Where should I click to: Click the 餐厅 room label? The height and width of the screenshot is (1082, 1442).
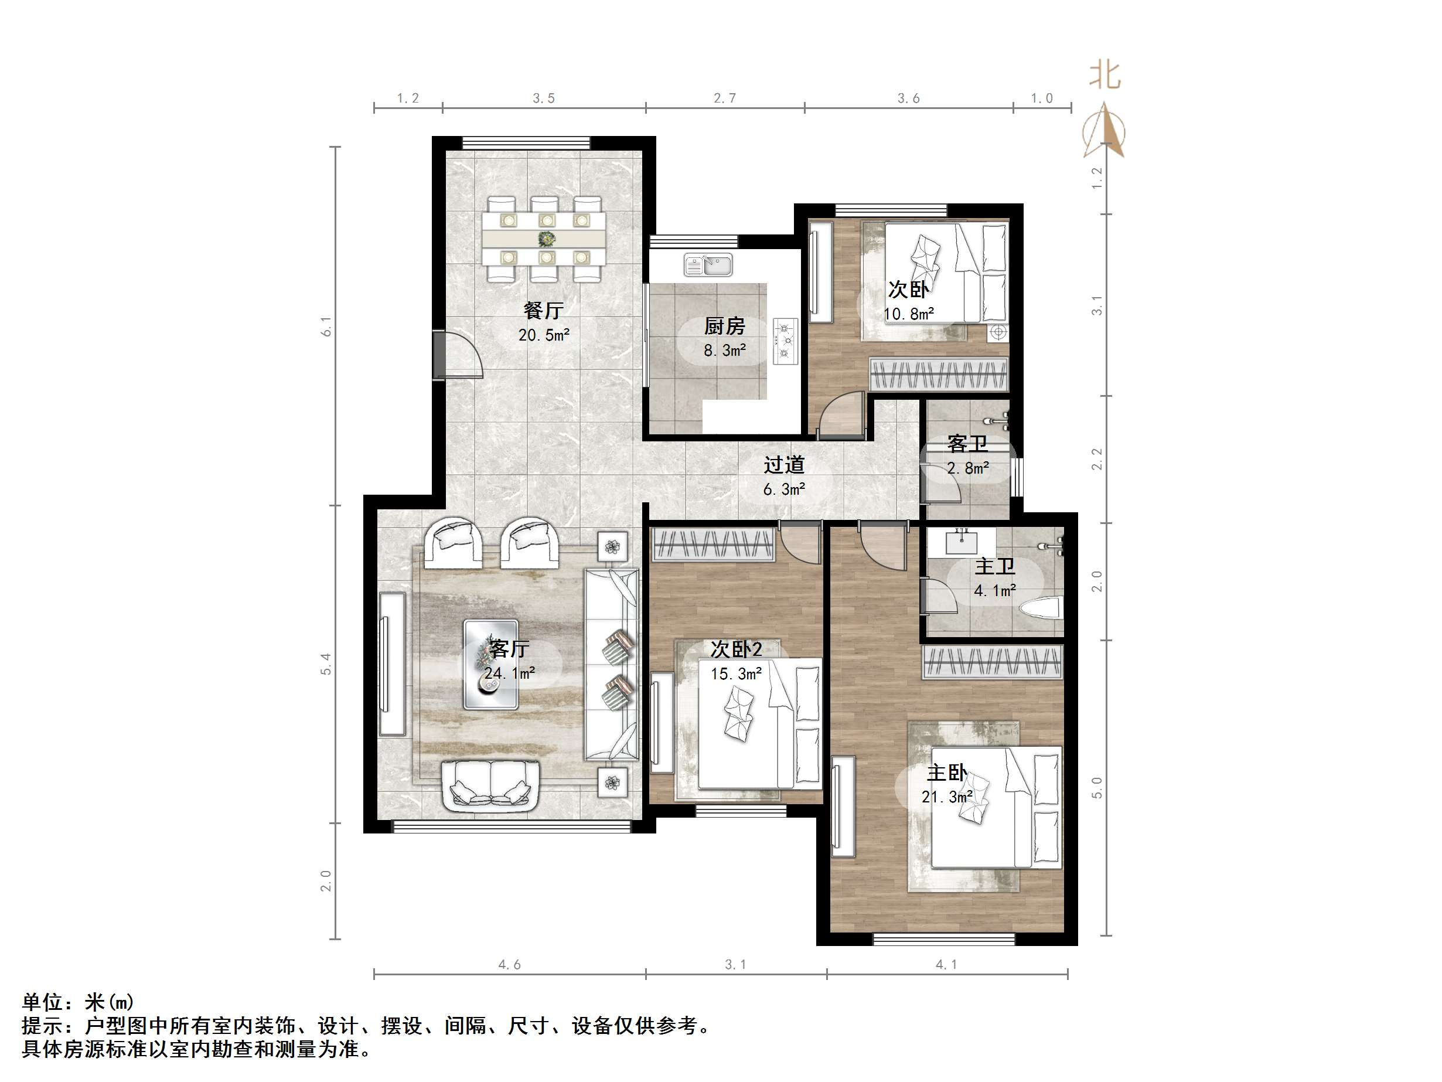543,311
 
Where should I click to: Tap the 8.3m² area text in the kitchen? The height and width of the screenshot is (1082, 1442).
724,351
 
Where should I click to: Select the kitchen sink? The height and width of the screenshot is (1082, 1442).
708,266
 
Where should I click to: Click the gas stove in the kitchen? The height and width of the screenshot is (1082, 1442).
786,340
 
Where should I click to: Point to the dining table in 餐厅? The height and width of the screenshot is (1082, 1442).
544,239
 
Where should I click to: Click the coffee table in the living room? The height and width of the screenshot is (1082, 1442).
491,664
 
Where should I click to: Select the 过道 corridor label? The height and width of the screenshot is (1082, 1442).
784,464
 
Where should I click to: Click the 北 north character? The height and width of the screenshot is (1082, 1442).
1104,76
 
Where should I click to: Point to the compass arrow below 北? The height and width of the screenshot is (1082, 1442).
1104,131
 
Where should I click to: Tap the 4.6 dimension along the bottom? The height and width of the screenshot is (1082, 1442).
509,965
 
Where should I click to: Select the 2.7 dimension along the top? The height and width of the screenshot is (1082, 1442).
724,98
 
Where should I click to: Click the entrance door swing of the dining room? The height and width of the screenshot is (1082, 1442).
460,355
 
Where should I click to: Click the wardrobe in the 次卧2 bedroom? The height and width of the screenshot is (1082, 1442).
713,543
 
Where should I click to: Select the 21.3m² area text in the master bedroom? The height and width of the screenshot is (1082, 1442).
946,797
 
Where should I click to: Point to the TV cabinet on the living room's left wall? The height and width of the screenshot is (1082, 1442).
393,664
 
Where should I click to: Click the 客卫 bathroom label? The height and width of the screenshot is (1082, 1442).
967,444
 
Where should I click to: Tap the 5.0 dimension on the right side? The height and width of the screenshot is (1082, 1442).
1096,787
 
